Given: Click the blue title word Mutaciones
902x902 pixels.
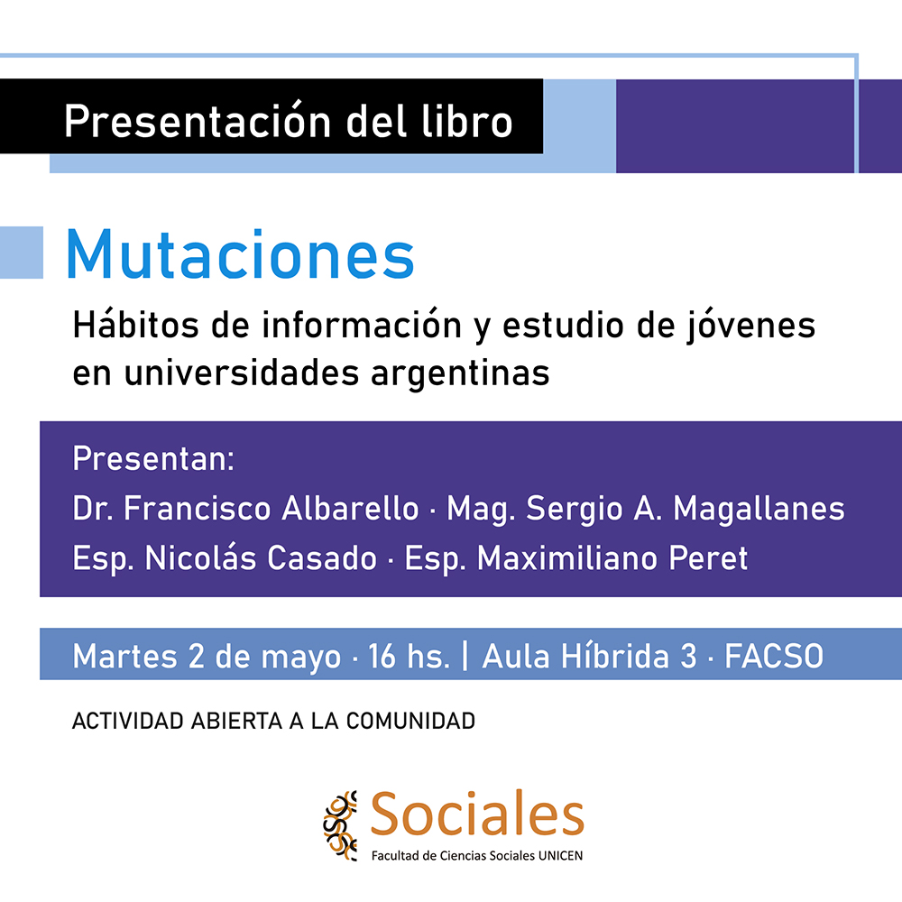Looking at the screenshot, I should click(240, 254).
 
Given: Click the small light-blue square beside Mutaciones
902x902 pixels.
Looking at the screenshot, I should click(21, 253).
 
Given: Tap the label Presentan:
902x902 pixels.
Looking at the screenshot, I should click(153, 459).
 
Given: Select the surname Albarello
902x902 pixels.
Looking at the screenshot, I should click(351, 509).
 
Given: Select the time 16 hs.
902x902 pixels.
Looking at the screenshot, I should click(409, 657).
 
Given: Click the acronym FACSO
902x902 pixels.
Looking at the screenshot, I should click(774, 657).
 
